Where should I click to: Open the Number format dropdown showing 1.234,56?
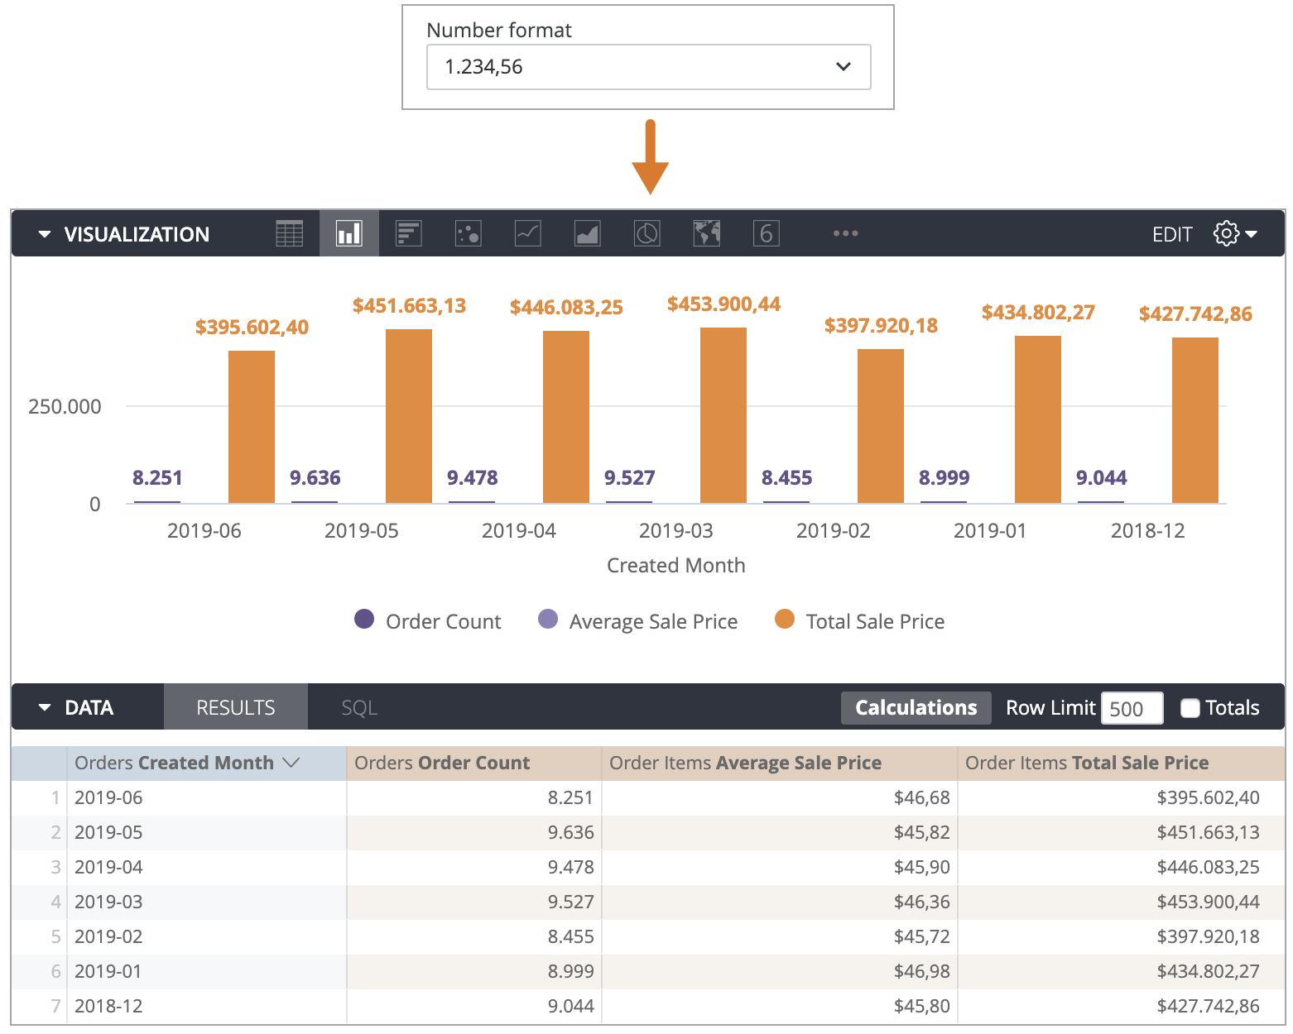click(648, 67)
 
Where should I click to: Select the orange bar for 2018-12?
click(1194, 420)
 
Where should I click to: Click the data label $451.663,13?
click(409, 306)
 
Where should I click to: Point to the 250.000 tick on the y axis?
click(65, 406)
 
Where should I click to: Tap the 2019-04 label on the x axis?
click(518, 530)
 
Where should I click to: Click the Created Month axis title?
click(675, 565)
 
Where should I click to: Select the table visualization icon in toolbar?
click(289, 234)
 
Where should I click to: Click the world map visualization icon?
click(706, 234)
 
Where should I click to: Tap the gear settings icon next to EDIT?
click(1226, 234)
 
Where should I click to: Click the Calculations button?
click(916, 708)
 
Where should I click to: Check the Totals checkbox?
click(1190, 708)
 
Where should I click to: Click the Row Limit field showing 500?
click(1131, 709)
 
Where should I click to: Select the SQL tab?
click(359, 708)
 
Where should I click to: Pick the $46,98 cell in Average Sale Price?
click(921, 971)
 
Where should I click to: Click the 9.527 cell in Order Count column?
click(570, 902)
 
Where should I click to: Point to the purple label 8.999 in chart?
click(944, 477)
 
